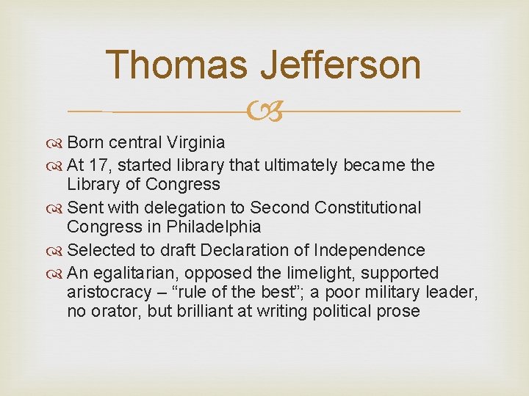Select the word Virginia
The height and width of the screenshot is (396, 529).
[x=195, y=142]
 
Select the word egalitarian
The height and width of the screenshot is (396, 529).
[x=137, y=274]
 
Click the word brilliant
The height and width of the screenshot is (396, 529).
[x=217, y=312]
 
